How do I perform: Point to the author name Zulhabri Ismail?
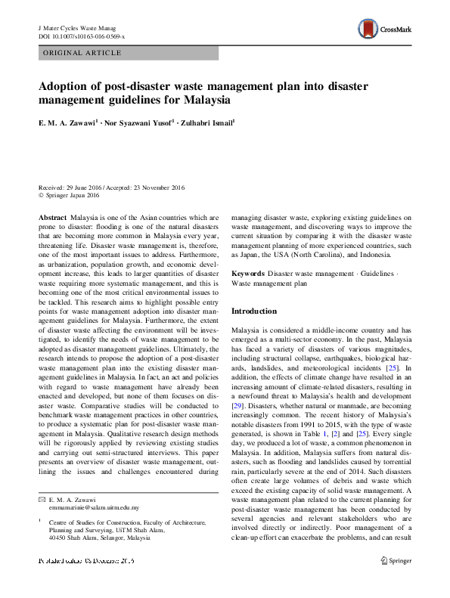pyautogui.click(x=204, y=119)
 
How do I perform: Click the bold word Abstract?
pyautogui.click(x=52, y=216)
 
